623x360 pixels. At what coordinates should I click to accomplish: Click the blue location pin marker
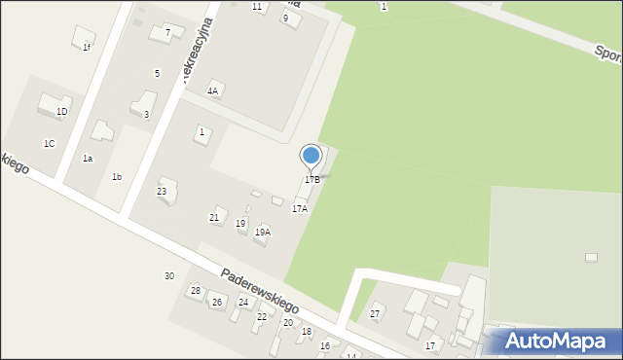[311, 156]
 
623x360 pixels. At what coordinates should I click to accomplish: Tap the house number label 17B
[311, 180]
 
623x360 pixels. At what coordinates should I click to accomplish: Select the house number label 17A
[300, 209]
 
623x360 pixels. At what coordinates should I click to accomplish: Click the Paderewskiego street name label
[259, 291]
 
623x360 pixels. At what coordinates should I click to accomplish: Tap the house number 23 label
[162, 192]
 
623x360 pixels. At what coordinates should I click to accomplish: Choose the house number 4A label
[212, 90]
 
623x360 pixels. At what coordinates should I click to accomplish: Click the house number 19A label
[262, 233]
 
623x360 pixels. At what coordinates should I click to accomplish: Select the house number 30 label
[169, 276]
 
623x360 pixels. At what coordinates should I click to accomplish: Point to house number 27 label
[375, 314]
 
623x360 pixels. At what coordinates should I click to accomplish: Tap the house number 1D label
[61, 112]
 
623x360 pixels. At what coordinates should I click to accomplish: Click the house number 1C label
[49, 143]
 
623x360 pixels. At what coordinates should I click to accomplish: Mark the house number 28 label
[195, 291]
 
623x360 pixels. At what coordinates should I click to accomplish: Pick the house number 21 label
[214, 217]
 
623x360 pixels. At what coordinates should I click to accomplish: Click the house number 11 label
[257, 7]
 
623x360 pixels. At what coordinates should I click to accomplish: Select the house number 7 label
[167, 32]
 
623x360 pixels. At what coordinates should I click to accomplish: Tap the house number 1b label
[117, 177]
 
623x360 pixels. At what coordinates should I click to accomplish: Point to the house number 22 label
[261, 317]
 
